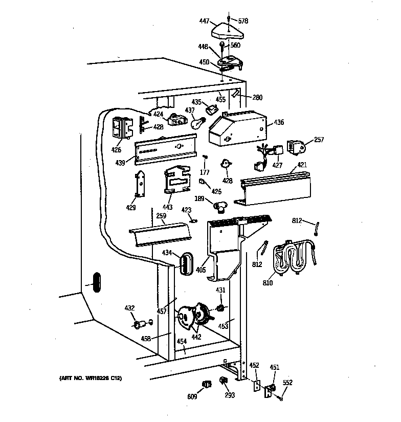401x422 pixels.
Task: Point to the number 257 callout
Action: [319, 139]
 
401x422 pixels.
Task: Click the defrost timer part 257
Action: [296, 147]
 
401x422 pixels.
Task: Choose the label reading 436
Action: [279, 122]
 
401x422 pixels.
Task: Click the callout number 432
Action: [129, 308]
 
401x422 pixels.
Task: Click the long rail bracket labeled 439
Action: [166, 149]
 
